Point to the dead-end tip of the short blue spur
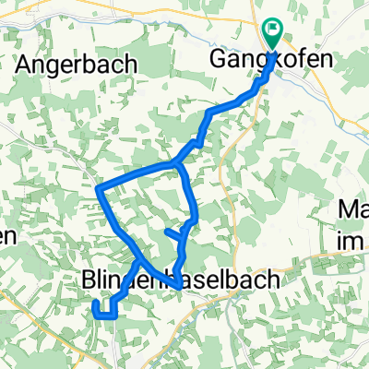coord(165,232)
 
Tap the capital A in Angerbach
coord(25,65)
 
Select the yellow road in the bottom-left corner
coord(23,304)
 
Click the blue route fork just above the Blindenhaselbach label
coord(140,261)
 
